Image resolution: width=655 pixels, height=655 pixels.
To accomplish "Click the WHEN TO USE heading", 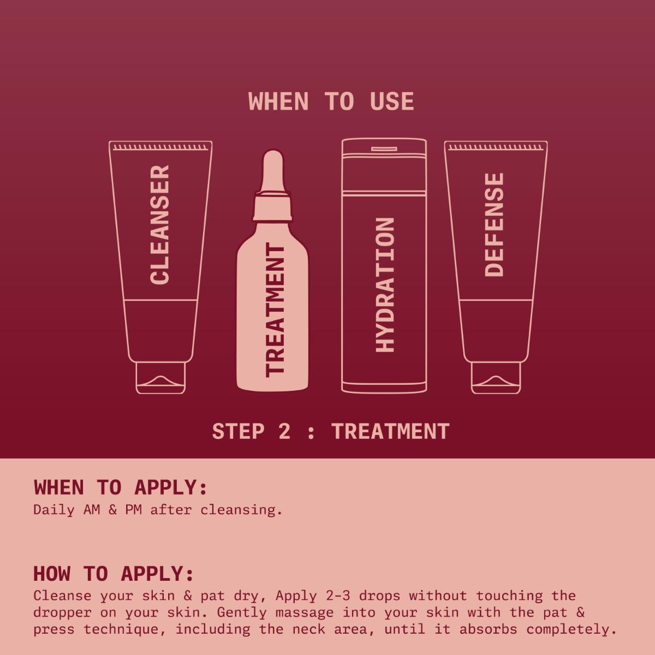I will coord(331,102).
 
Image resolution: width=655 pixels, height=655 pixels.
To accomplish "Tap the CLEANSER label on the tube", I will coord(160,225).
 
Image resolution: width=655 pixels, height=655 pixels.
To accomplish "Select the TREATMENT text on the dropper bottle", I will coord(275,310).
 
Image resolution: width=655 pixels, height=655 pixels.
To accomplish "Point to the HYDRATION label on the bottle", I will coord(385,284).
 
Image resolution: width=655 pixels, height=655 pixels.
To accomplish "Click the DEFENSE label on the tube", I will coord(494,224).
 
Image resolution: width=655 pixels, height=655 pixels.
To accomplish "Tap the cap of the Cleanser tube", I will coord(160,378).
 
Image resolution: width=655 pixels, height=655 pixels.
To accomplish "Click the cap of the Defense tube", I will coord(496,378).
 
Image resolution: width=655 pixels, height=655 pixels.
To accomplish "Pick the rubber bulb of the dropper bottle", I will coord(272,169).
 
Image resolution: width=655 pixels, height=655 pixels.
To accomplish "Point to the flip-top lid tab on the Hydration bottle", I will coord(384,149).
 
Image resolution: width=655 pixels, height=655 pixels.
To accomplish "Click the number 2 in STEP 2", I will coord(284,432).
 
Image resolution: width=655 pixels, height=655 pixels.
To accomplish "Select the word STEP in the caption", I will coord(239,432).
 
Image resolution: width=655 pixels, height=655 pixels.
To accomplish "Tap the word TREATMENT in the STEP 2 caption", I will coord(390,432).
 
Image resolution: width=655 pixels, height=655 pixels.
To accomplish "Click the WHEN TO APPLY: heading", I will coord(121,487).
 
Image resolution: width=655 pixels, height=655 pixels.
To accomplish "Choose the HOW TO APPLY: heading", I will coord(114,574).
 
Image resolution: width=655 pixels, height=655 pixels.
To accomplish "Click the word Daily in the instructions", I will coord(54,510).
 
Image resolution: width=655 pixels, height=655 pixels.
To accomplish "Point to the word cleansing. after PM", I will coord(241,510).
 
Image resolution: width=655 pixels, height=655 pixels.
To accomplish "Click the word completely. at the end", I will coord(571,629).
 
